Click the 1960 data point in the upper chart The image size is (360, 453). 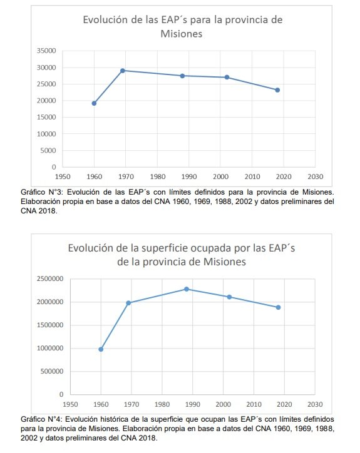[94, 103]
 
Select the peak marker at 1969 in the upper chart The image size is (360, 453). [123, 71]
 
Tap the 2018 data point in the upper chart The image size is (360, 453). [277, 90]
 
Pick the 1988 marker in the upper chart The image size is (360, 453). [182, 76]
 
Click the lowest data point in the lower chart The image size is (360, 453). [101, 349]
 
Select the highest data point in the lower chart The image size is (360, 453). [187, 289]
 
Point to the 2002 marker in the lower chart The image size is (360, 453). [229, 297]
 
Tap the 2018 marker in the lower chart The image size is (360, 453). [278, 307]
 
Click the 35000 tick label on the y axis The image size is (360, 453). [46, 51]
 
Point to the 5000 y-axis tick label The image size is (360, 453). [48, 151]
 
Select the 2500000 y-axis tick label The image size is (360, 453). [50, 279]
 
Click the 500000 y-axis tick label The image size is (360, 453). [52, 371]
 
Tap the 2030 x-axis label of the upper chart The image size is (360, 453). [315, 176]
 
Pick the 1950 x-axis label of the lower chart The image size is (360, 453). [70, 404]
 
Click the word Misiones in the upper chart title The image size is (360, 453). [182, 34]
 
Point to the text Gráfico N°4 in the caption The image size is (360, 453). [43, 419]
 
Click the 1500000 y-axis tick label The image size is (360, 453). [50, 325]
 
